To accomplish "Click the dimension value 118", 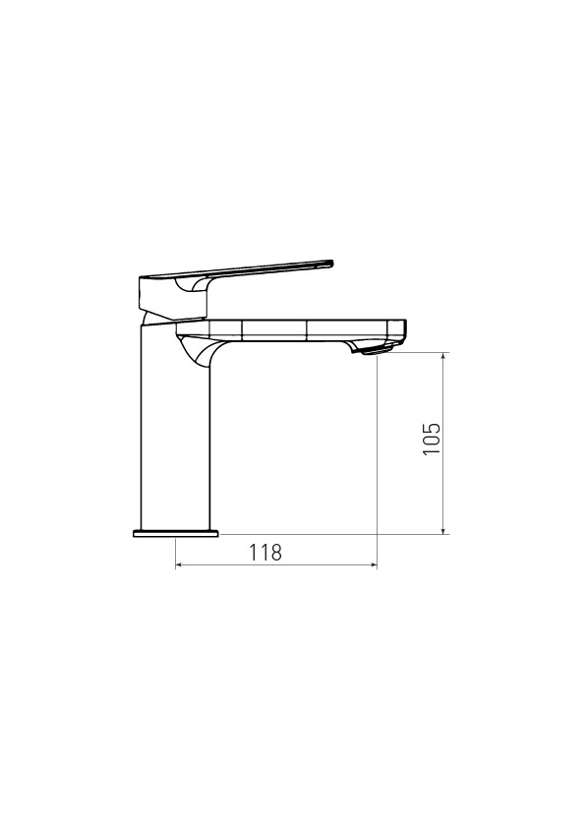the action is click(x=265, y=553).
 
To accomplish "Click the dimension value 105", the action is click(x=432, y=439).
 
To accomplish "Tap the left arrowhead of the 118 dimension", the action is click(x=178, y=565).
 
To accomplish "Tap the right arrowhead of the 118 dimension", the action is click(x=374, y=565).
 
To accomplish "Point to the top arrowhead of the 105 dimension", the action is click(x=443, y=356).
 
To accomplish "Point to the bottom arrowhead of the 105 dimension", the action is click(x=443, y=530).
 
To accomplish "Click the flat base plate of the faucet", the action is click(x=175, y=533).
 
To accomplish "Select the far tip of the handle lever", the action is click(x=332, y=263).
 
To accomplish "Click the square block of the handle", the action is click(x=172, y=298).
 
